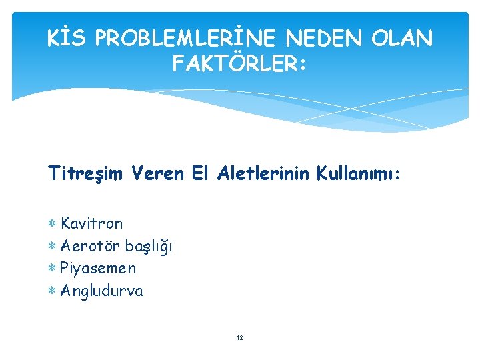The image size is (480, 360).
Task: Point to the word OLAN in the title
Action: point(403,39)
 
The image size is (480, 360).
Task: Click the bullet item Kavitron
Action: point(91,223)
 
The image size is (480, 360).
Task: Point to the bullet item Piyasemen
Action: point(97,269)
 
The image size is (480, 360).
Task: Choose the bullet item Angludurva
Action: point(101,291)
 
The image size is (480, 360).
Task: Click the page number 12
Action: point(240,338)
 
